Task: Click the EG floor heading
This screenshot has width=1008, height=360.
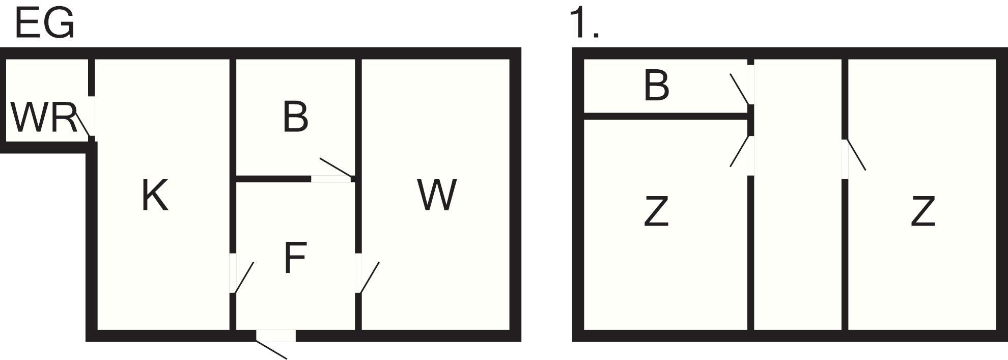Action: tap(45, 24)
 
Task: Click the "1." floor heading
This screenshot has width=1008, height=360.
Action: tap(584, 24)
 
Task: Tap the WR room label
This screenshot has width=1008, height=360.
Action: tap(43, 118)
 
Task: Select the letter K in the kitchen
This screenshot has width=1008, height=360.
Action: tap(154, 196)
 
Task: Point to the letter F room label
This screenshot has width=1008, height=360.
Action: tap(295, 258)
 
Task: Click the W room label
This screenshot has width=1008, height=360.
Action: tap(436, 196)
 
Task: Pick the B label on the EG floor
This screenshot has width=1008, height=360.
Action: tap(295, 117)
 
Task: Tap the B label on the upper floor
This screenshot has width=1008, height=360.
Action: tap(656, 86)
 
